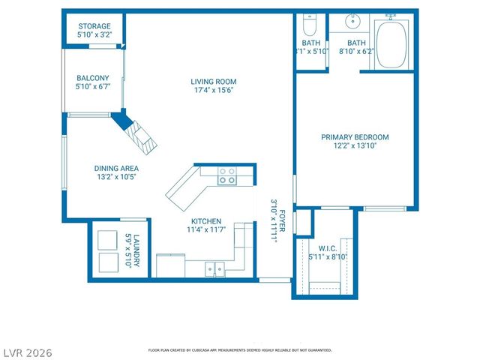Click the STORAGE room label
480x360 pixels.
pyautogui.click(x=94, y=26)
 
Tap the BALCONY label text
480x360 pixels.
pyautogui.click(x=93, y=78)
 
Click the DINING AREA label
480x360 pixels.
pyautogui.click(x=115, y=169)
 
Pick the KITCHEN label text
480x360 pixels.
pyautogui.click(x=205, y=221)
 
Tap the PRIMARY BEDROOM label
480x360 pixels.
pyautogui.click(x=355, y=137)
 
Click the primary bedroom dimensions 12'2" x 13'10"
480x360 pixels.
pyautogui.click(x=355, y=146)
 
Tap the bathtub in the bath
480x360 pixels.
pyautogui.click(x=391, y=44)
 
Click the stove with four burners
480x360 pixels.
pyautogui.click(x=227, y=176)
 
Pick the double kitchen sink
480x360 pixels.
pyautogui.click(x=215, y=268)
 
